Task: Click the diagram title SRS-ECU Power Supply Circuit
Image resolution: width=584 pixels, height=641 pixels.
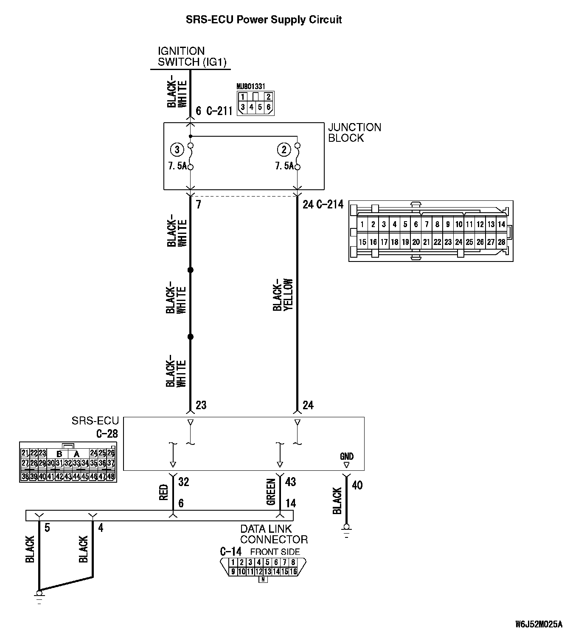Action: (x=264, y=20)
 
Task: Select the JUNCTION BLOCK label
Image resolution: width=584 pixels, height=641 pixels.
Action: (x=354, y=132)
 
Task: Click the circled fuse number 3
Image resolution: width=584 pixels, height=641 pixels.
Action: (x=177, y=149)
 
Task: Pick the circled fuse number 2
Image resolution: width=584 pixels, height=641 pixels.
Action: (x=284, y=149)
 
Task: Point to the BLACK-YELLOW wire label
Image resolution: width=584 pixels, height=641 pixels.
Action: (x=283, y=295)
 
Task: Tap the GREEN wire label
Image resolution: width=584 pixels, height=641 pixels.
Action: (x=271, y=492)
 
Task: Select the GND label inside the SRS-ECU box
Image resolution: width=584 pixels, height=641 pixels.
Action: (x=347, y=456)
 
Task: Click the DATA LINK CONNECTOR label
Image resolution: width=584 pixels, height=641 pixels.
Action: (x=274, y=534)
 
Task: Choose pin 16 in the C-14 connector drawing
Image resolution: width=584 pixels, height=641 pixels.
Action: (x=293, y=571)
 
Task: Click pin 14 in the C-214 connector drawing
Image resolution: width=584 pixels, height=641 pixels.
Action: (x=502, y=224)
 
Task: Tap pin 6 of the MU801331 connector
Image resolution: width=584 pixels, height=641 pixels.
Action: (x=268, y=107)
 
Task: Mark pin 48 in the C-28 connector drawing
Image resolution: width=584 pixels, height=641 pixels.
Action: (x=111, y=476)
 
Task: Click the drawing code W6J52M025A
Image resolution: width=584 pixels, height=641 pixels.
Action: (x=539, y=624)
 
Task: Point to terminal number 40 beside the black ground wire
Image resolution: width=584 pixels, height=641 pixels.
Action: (x=357, y=485)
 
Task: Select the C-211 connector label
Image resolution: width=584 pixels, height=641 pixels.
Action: (x=219, y=111)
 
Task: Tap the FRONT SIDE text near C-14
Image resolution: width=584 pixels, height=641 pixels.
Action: (x=275, y=552)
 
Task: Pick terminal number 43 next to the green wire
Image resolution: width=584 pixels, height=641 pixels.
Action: (x=291, y=482)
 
